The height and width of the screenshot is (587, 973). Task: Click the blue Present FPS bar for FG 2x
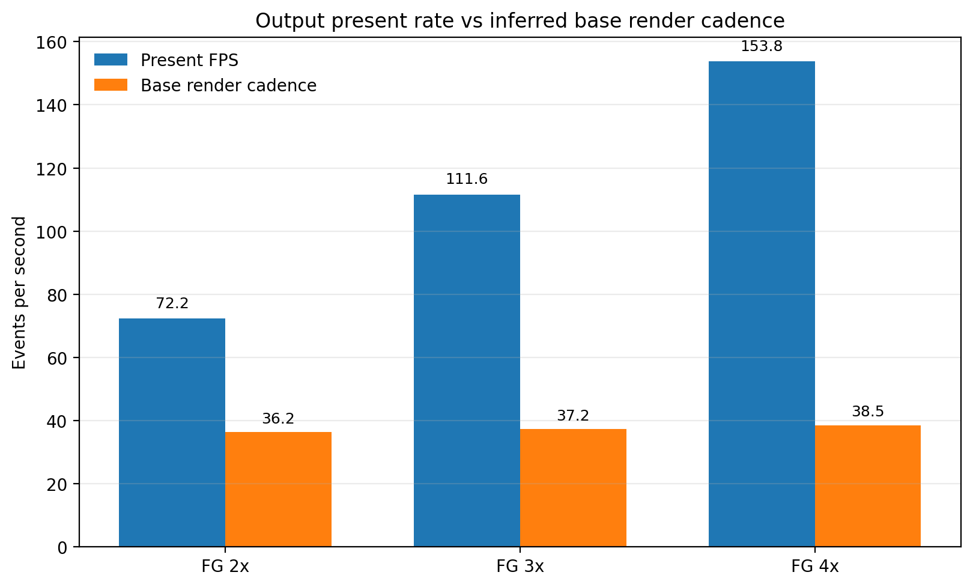pyautogui.click(x=172, y=433)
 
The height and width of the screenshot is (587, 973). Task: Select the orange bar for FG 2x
pyautogui.click(x=278, y=489)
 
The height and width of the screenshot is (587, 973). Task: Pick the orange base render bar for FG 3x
pyautogui.click(x=573, y=487)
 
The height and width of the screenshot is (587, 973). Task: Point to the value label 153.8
pyautogui.click(x=762, y=46)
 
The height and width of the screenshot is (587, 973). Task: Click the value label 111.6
pyautogui.click(x=467, y=179)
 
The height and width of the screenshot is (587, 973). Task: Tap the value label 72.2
pyautogui.click(x=172, y=303)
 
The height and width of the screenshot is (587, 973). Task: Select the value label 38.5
pyautogui.click(x=868, y=412)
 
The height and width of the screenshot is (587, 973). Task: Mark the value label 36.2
pyautogui.click(x=278, y=419)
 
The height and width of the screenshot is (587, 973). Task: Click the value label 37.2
pyautogui.click(x=573, y=416)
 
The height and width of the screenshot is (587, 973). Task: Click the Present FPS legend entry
pyautogui.click(x=189, y=60)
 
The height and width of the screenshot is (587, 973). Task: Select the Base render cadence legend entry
pyautogui.click(x=228, y=85)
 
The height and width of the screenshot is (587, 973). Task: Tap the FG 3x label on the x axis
pyautogui.click(x=520, y=566)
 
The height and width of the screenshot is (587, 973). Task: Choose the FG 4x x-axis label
pyautogui.click(x=815, y=566)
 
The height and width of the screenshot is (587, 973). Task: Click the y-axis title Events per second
pyautogui.click(x=19, y=293)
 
